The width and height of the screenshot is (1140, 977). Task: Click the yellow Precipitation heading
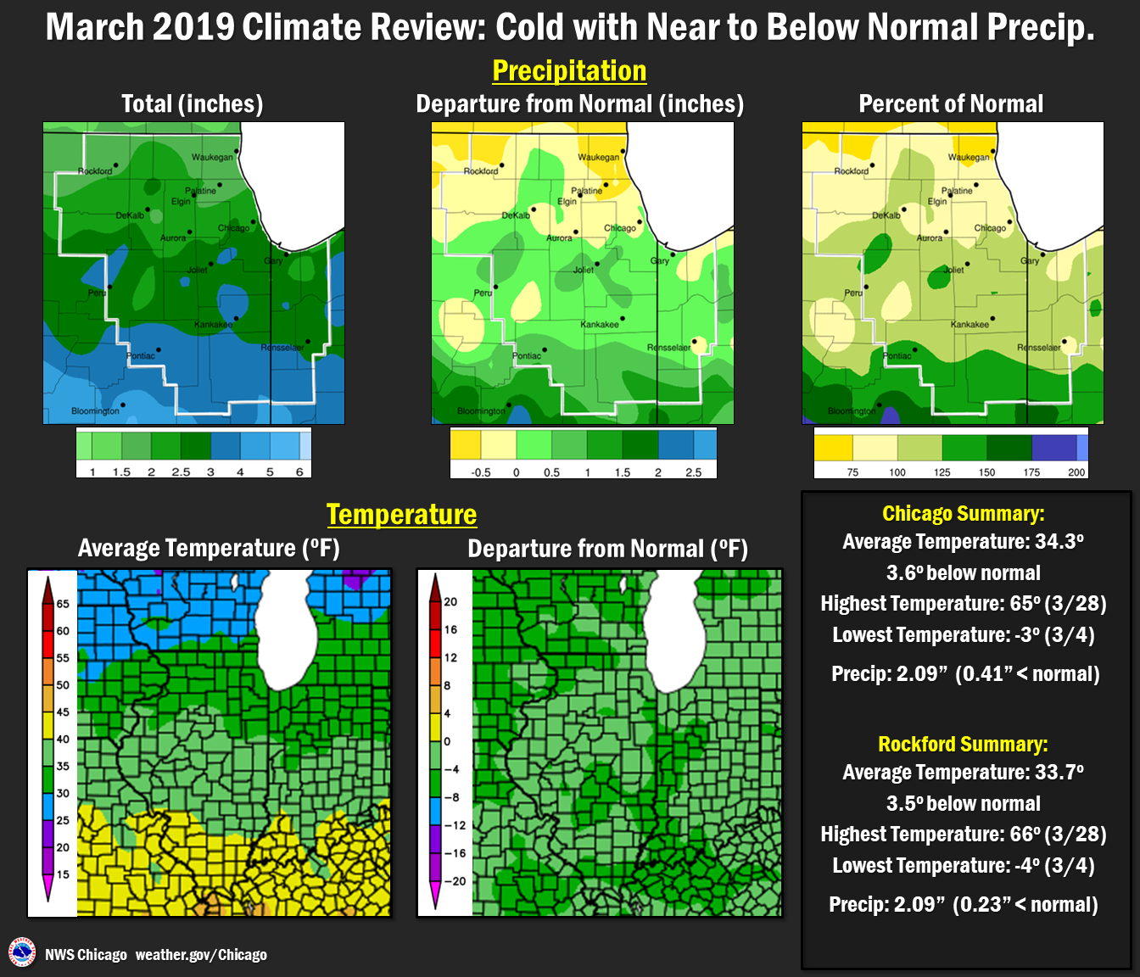(x=569, y=71)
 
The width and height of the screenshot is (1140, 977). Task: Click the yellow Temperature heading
(x=401, y=515)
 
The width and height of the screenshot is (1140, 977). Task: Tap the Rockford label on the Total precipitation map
(x=95, y=171)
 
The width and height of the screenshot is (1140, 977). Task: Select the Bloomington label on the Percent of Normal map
(x=852, y=411)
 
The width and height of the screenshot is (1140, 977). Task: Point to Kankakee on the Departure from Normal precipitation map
(x=599, y=325)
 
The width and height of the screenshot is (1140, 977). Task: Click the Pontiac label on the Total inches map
(x=141, y=356)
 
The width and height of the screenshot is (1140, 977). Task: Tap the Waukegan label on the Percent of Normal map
(x=968, y=158)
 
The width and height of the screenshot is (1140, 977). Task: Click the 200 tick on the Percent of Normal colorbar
(x=1076, y=472)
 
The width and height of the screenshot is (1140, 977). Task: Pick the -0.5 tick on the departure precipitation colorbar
(x=481, y=472)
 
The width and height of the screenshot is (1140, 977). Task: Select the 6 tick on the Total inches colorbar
(x=299, y=472)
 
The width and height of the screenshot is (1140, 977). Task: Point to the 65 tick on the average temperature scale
(x=63, y=604)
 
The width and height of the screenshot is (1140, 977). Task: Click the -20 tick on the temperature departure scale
(x=455, y=881)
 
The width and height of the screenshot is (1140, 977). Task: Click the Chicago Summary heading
(x=964, y=514)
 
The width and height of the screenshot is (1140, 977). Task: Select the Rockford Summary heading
(x=963, y=745)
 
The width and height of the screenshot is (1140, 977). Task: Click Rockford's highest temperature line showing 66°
(x=964, y=835)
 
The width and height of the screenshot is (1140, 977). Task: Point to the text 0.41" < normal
(x=1027, y=674)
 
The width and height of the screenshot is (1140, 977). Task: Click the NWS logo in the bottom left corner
(x=22, y=952)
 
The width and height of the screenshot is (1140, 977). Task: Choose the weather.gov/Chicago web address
(x=201, y=955)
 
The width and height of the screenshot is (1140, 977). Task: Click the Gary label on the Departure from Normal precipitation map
(x=659, y=261)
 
